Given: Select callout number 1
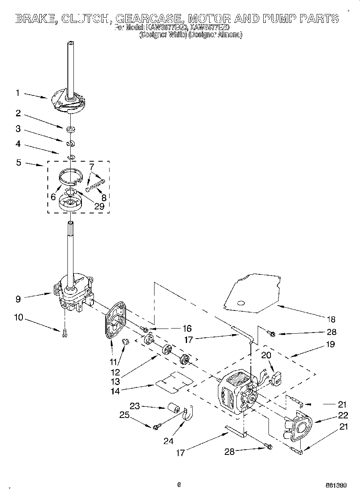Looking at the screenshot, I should (x=18, y=93).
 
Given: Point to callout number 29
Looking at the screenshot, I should (x=98, y=207).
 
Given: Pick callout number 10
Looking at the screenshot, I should (x=18, y=318).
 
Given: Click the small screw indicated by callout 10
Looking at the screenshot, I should (x=64, y=333).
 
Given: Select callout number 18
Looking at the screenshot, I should (x=331, y=319).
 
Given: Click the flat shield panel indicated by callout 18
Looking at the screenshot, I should (x=253, y=293).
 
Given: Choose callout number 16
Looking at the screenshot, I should (x=187, y=328).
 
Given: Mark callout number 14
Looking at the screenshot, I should (x=115, y=391).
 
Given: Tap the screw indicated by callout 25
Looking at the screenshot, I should (x=157, y=426).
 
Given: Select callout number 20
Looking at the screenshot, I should (x=266, y=355).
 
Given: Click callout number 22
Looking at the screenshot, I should (x=343, y=415).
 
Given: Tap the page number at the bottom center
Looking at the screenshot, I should (x=179, y=484).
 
